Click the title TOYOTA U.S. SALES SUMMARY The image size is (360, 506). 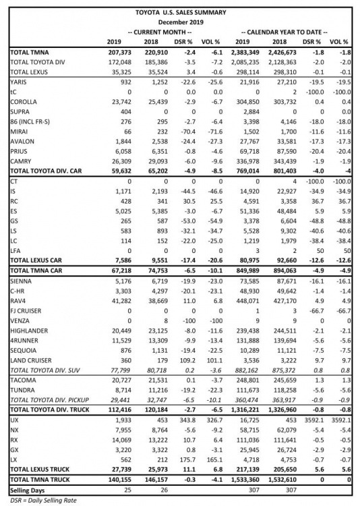(x=181, y=12)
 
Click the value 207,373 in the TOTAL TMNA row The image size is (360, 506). (x=120, y=51)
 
